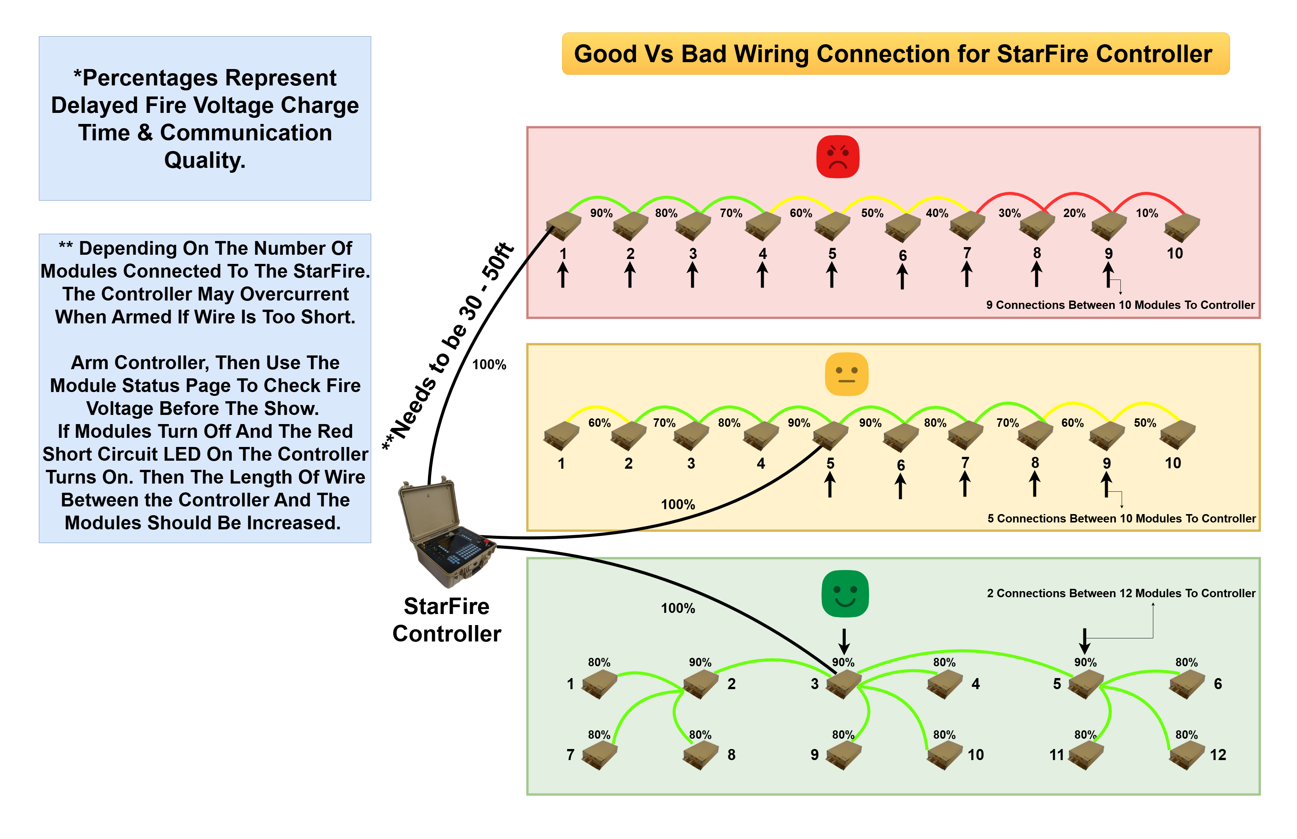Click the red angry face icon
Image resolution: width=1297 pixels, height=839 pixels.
click(x=838, y=156)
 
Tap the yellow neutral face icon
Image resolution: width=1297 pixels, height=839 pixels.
click(x=846, y=374)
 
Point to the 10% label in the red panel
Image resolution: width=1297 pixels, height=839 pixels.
click(x=1147, y=213)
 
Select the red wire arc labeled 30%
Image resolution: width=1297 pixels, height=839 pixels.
click(x=1010, y=194)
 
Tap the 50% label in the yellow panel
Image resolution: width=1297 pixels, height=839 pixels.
click(x=1144, y=423)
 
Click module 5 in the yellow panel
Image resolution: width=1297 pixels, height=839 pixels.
click(x=830, y=436)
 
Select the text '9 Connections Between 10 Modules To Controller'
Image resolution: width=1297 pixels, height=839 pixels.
click(x=1120, y=305)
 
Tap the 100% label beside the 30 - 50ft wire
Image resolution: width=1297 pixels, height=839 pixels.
click(x=489, y=365)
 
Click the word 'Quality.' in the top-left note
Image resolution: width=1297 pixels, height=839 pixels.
click(x=205, y=160)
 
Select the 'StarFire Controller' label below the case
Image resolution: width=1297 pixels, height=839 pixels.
click(x=446, y=620)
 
